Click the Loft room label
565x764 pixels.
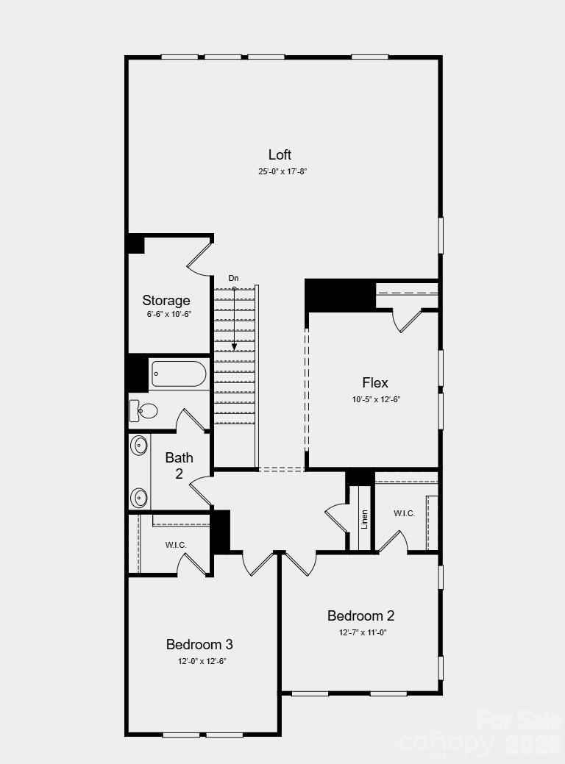pyautogui.click(x=280, y=154)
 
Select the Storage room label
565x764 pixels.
pyautogui.click(x=166, y=300)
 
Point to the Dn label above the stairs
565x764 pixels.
pyautogui.click(x=233, y=278)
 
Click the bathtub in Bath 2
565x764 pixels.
pyautogui.click(x=179, y=374)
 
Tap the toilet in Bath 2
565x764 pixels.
pyautogui.click(x=146, y=410)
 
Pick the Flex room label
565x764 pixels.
pyautogui.click(x=375, y=382)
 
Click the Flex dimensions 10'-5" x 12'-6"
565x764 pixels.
pyautogui.click(x=375, y=399)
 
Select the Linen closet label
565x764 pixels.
pyautogui.click(x=364, y=518)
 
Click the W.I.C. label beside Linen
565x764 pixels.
pyautogui.click(x=404, y=513)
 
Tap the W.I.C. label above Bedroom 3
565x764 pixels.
pyautogui.click(x=176, y=545)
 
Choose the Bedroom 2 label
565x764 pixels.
pyautogui.click(x=361, y=615)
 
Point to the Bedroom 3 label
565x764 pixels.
pyautogui.click(x=199, y=644)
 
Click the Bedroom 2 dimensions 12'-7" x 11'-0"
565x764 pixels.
pyautogui.click(x=361, y=632)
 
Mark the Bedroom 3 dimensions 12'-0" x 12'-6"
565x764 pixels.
pyautogui.click(x=199, y=661)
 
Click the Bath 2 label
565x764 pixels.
pyautogui.click(x=179, y=465)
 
